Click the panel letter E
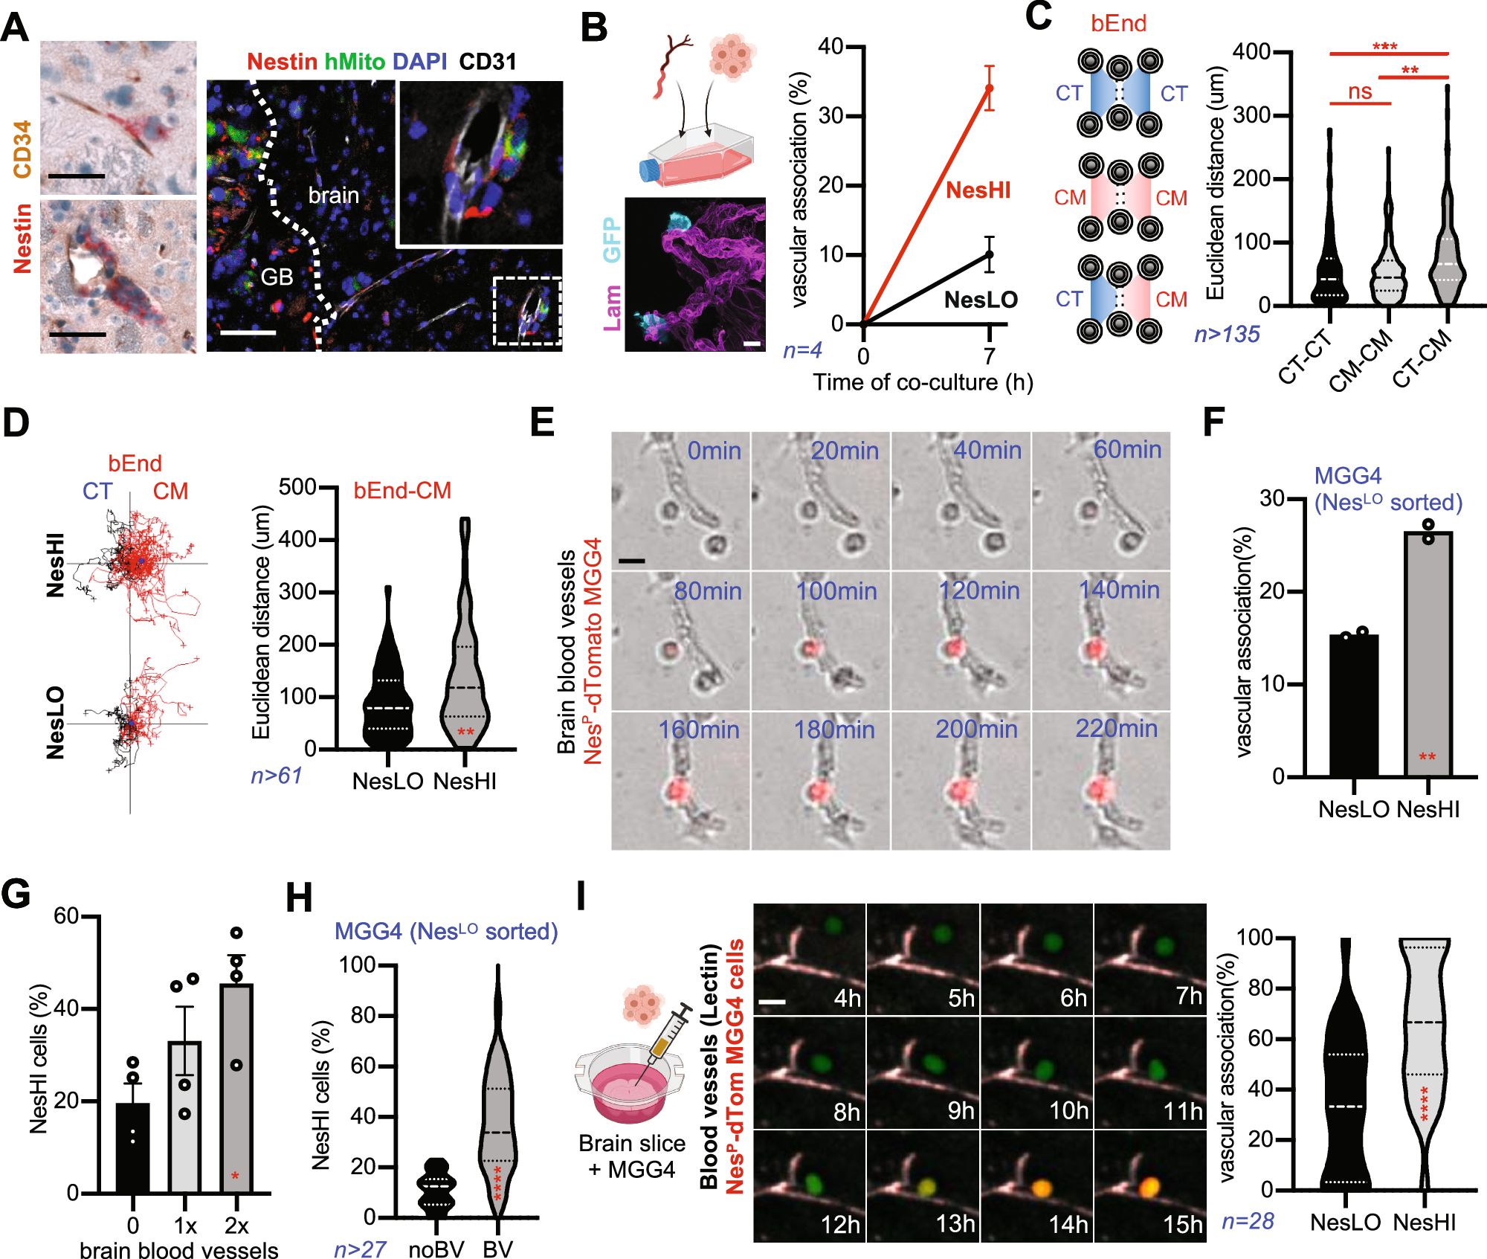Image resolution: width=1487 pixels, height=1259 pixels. point(542,422)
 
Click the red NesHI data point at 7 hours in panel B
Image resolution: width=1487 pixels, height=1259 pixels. point(989,88)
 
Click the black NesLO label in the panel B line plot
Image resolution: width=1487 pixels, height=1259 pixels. point(980,300)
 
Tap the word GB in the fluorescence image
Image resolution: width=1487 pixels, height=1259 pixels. point(277,277)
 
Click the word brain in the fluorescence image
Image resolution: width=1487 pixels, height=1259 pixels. point(333,196)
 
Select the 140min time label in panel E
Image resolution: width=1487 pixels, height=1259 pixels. point(1119,590)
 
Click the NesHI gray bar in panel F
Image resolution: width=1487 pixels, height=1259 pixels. point(1428,654)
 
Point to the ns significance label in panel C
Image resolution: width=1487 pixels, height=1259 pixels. point(1360,91)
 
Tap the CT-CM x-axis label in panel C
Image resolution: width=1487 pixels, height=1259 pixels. point(1422,358)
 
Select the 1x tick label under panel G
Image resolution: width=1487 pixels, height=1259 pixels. point(184,1225)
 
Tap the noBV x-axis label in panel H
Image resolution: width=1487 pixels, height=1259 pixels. point(436,1249)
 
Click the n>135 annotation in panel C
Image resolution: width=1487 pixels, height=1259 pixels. point(1227,335)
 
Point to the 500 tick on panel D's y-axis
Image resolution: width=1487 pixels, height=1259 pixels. point(297,487)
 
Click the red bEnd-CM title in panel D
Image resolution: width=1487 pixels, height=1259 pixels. point(402,491)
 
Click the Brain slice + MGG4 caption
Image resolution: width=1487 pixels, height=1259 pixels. point(631,1156)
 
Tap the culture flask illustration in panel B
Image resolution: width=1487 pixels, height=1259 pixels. point(695,156)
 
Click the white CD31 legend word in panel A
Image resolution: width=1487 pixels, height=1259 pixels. point(487,62)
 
